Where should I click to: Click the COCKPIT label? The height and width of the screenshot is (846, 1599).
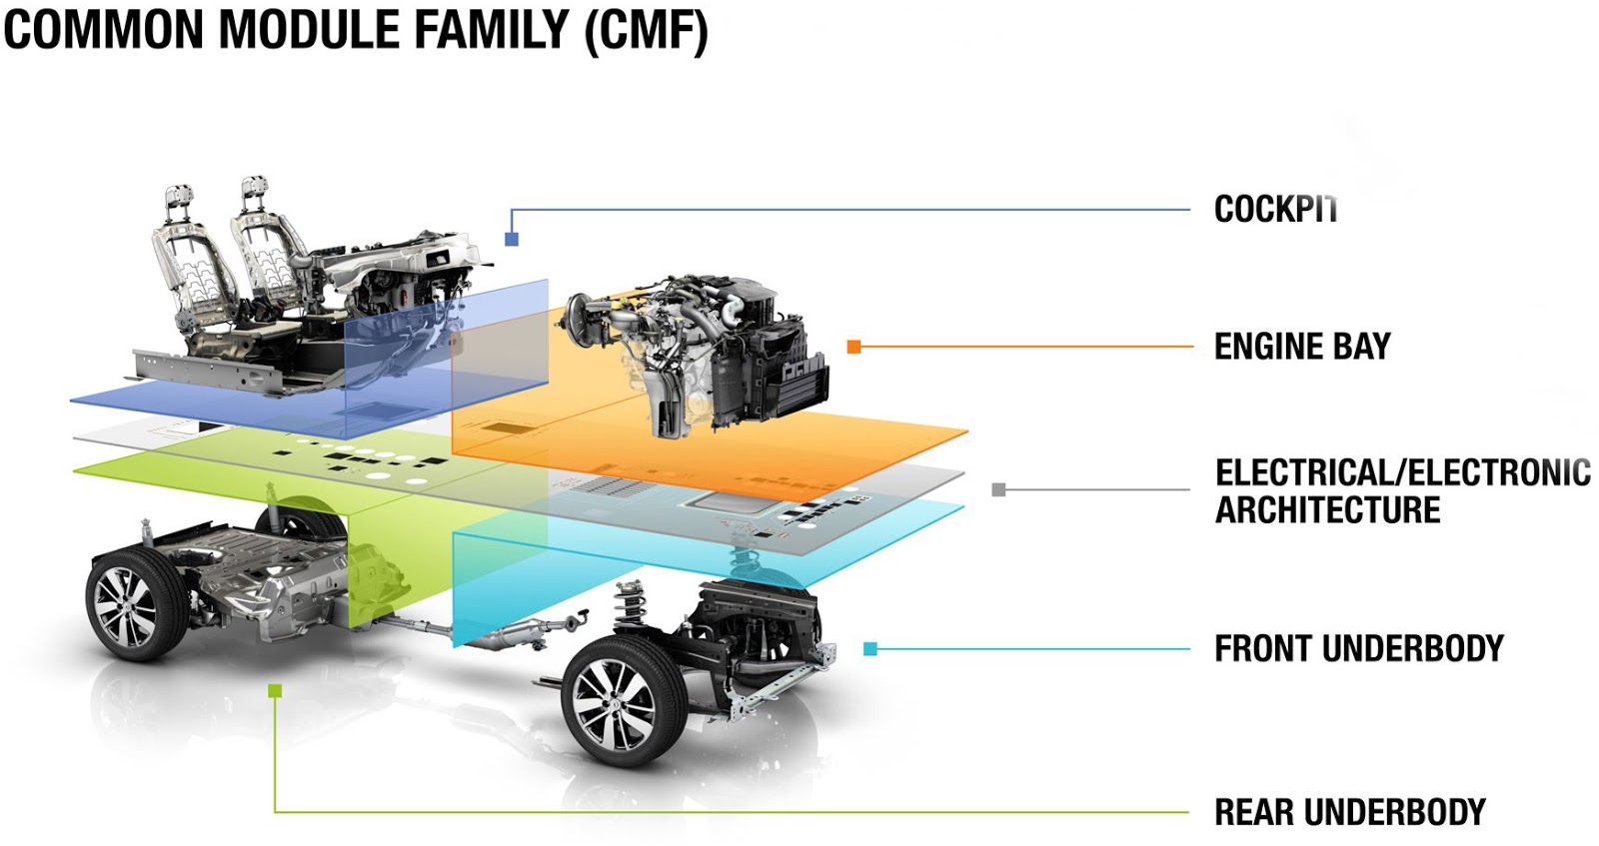[1274, 209]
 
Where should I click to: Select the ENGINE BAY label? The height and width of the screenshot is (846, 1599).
[1301, 347]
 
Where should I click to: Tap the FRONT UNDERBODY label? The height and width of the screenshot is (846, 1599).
[1358, 648]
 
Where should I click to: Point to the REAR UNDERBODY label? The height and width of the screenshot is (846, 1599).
[1349, 812]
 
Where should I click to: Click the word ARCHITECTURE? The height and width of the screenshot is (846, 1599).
[1327, 510]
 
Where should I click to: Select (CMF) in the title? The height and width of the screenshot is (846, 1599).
[646, 29]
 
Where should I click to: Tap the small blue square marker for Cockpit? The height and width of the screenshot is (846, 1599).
[512, 240]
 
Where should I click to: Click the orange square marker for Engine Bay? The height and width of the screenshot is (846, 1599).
[853, 347]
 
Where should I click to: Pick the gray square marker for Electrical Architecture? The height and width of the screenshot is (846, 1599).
[998, 489]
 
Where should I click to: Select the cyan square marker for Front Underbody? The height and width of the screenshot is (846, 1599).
[869, 649]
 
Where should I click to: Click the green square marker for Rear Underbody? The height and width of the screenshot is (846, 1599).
[275, 691]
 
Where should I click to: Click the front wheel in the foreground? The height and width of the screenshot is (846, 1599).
[624, 703]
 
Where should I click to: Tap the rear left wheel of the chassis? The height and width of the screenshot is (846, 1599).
[135, 605]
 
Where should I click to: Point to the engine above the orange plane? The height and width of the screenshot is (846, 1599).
[700, 350]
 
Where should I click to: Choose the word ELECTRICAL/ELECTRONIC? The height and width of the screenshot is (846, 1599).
[1402, 472]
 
